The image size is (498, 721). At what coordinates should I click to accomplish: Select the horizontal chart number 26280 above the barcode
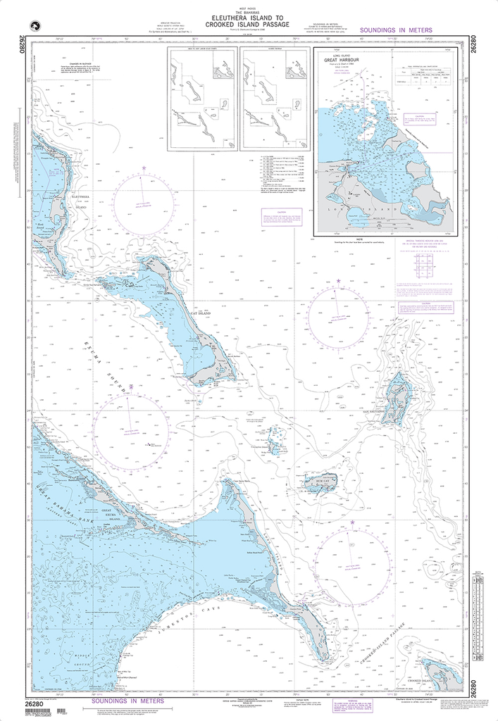(39, 701)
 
